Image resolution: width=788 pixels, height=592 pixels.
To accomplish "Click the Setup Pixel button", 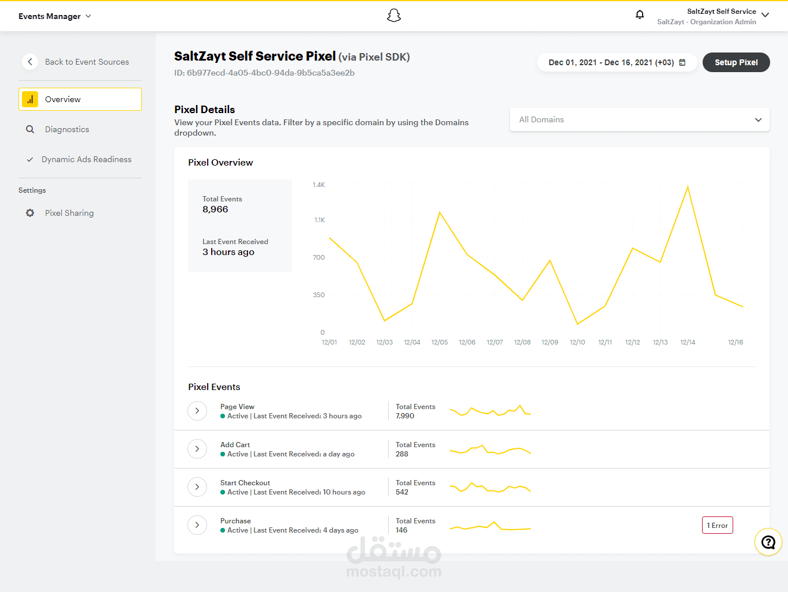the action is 736,62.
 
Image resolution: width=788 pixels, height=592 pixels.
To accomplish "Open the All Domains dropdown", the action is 639,119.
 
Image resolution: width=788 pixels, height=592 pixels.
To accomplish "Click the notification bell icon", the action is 639,15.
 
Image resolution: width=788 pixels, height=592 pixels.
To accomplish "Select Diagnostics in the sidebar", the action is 67,129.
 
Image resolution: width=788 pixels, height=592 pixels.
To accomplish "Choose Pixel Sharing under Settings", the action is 69,213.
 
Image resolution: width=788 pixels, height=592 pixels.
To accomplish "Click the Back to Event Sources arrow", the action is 30,62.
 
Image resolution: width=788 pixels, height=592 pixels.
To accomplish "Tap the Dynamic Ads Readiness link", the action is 86,159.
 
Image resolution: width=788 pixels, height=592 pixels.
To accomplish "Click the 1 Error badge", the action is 717,525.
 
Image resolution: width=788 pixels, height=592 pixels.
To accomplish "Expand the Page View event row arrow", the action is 197,411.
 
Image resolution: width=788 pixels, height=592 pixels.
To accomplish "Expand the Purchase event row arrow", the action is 197,525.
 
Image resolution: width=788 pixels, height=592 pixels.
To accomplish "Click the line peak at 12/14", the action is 688,186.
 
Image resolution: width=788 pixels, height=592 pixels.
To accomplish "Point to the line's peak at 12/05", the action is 440,212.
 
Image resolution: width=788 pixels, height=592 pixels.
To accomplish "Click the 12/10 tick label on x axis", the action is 577,342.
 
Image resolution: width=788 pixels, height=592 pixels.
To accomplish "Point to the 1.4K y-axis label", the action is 319,185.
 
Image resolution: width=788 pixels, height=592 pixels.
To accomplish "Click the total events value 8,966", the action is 215,209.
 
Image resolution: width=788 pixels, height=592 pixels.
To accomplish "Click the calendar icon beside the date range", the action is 682,62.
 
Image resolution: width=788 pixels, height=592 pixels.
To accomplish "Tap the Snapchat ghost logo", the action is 394,16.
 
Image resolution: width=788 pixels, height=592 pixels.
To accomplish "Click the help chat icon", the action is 768,542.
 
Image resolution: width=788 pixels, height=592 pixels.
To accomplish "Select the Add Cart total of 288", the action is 401,454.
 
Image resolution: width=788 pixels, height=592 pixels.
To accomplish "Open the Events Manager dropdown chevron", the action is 89,16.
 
